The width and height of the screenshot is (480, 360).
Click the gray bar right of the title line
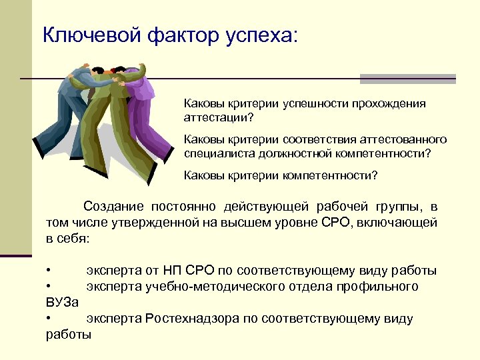pyautogui.click(x=407, y=79)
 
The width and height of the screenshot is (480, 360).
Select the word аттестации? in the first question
pyautogui.click(x=219, y=117)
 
